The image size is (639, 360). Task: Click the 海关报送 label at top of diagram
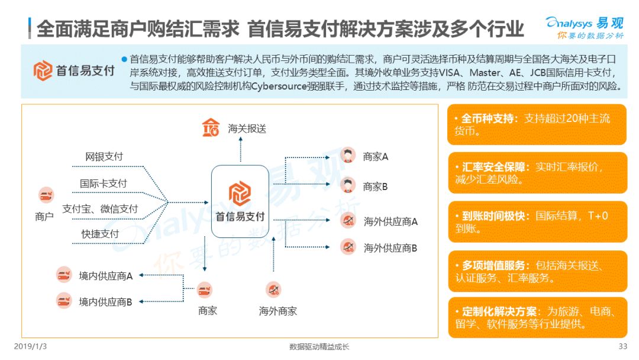click(x=247, y=128)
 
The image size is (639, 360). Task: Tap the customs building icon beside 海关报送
click(x=211, y=127)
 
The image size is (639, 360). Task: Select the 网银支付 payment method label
click(x=104, y=157)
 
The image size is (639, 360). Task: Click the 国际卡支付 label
click(x=104, y=184)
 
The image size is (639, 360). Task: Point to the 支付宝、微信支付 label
click(x=100, y=209)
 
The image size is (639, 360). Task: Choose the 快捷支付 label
click(x=100, y=234)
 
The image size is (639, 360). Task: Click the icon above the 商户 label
click(x=46, y=195)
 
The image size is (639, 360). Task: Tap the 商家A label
click(x=376, y=157)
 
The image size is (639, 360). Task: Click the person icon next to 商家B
click(x=348, y=185)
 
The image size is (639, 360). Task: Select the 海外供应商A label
click(x=390, y=221)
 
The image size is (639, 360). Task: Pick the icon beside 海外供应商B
click(x=348, y=247)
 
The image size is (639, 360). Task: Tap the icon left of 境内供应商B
click(x=64, y=301)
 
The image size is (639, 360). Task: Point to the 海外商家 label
click(x=277, y=311)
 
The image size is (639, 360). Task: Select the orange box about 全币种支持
click(x=537, y=124)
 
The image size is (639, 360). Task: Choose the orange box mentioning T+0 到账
click(x=537, y=221)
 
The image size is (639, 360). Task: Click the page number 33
click(x=622, y=346)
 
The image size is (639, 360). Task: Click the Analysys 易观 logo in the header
click(x=584, y=27)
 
